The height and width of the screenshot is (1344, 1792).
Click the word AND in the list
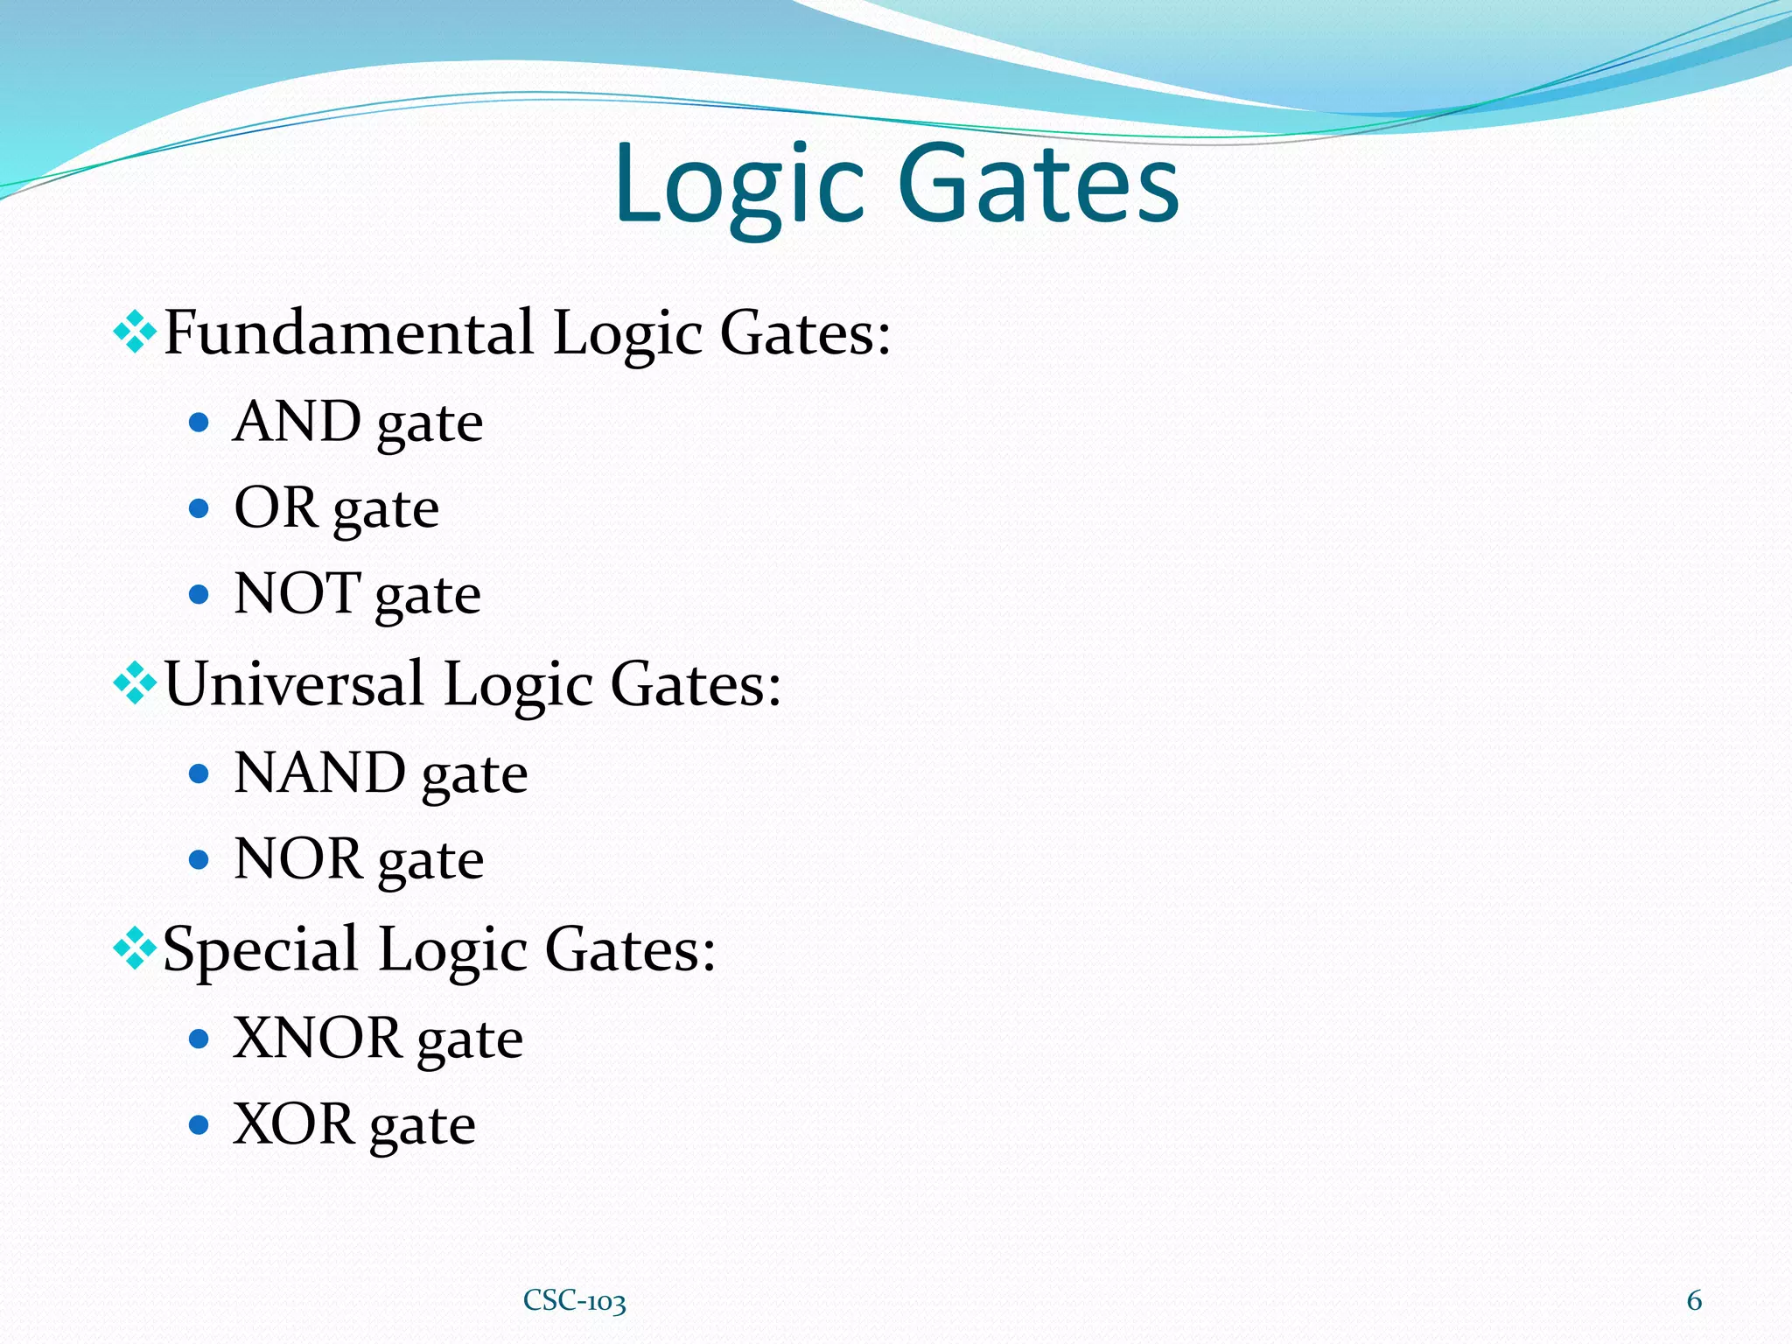(297, 422)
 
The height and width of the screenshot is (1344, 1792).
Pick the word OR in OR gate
(275, 507)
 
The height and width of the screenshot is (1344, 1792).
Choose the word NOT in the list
(297, 593)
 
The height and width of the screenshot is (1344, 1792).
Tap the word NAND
(319, 773)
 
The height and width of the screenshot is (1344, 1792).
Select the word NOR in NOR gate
(297, 858)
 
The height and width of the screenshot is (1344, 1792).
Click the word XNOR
(317, 1039)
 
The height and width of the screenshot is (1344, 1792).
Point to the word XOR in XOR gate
(293, 1124)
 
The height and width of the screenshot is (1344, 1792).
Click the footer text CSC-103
(574, 1301)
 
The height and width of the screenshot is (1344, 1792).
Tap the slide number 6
(1694, 1300)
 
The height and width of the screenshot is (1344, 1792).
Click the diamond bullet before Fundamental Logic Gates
(135, 333)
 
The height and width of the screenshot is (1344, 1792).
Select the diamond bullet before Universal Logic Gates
(135, 683)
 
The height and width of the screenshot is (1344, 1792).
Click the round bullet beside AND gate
(199, 423)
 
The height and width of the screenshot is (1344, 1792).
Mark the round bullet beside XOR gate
(199, 1124)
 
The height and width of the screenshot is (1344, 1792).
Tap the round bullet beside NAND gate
(199, 773)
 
